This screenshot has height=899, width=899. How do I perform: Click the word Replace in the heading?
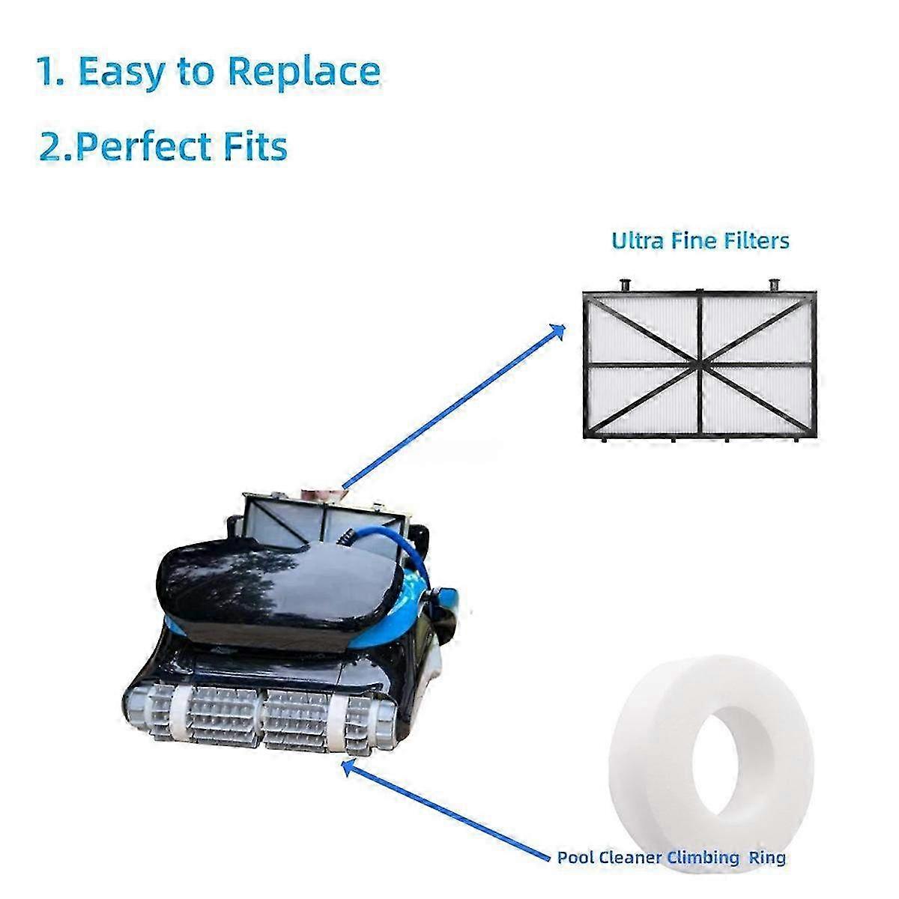point(304,71)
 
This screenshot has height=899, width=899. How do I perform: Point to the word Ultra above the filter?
point(638,240)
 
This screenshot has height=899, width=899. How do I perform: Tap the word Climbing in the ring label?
point(703,858)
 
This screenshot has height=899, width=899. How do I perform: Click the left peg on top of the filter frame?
point(625,285)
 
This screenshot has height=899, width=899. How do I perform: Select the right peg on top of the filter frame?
point(775,285)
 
